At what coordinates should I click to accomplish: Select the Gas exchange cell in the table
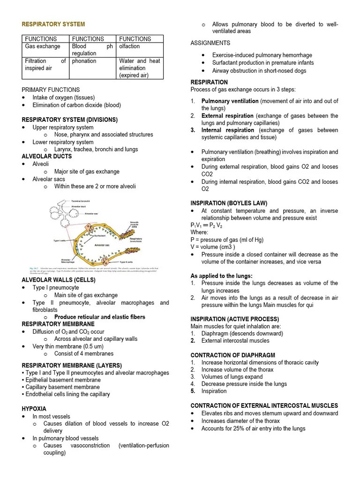click(x=43, y=46)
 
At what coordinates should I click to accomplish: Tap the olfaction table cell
click(x=129, y=46)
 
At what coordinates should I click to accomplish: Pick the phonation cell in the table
click(x=84, y=61)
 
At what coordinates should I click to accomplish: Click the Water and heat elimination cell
click(x=140, y=68)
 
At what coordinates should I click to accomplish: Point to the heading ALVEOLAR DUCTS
click(x=47, y=156)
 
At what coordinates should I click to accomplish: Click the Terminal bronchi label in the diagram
click(x=81, y=201)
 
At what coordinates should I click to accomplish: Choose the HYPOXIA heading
click(x=34, y=409)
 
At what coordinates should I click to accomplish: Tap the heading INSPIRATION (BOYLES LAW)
click(x=229, y=203)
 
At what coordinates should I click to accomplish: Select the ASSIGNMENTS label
click(x=210, y=43)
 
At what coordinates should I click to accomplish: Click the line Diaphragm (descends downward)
click(x=242, y=333)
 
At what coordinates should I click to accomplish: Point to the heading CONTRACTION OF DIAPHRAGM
click(x=232, y=355)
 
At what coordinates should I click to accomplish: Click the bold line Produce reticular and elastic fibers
click(x=100, y=317)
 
